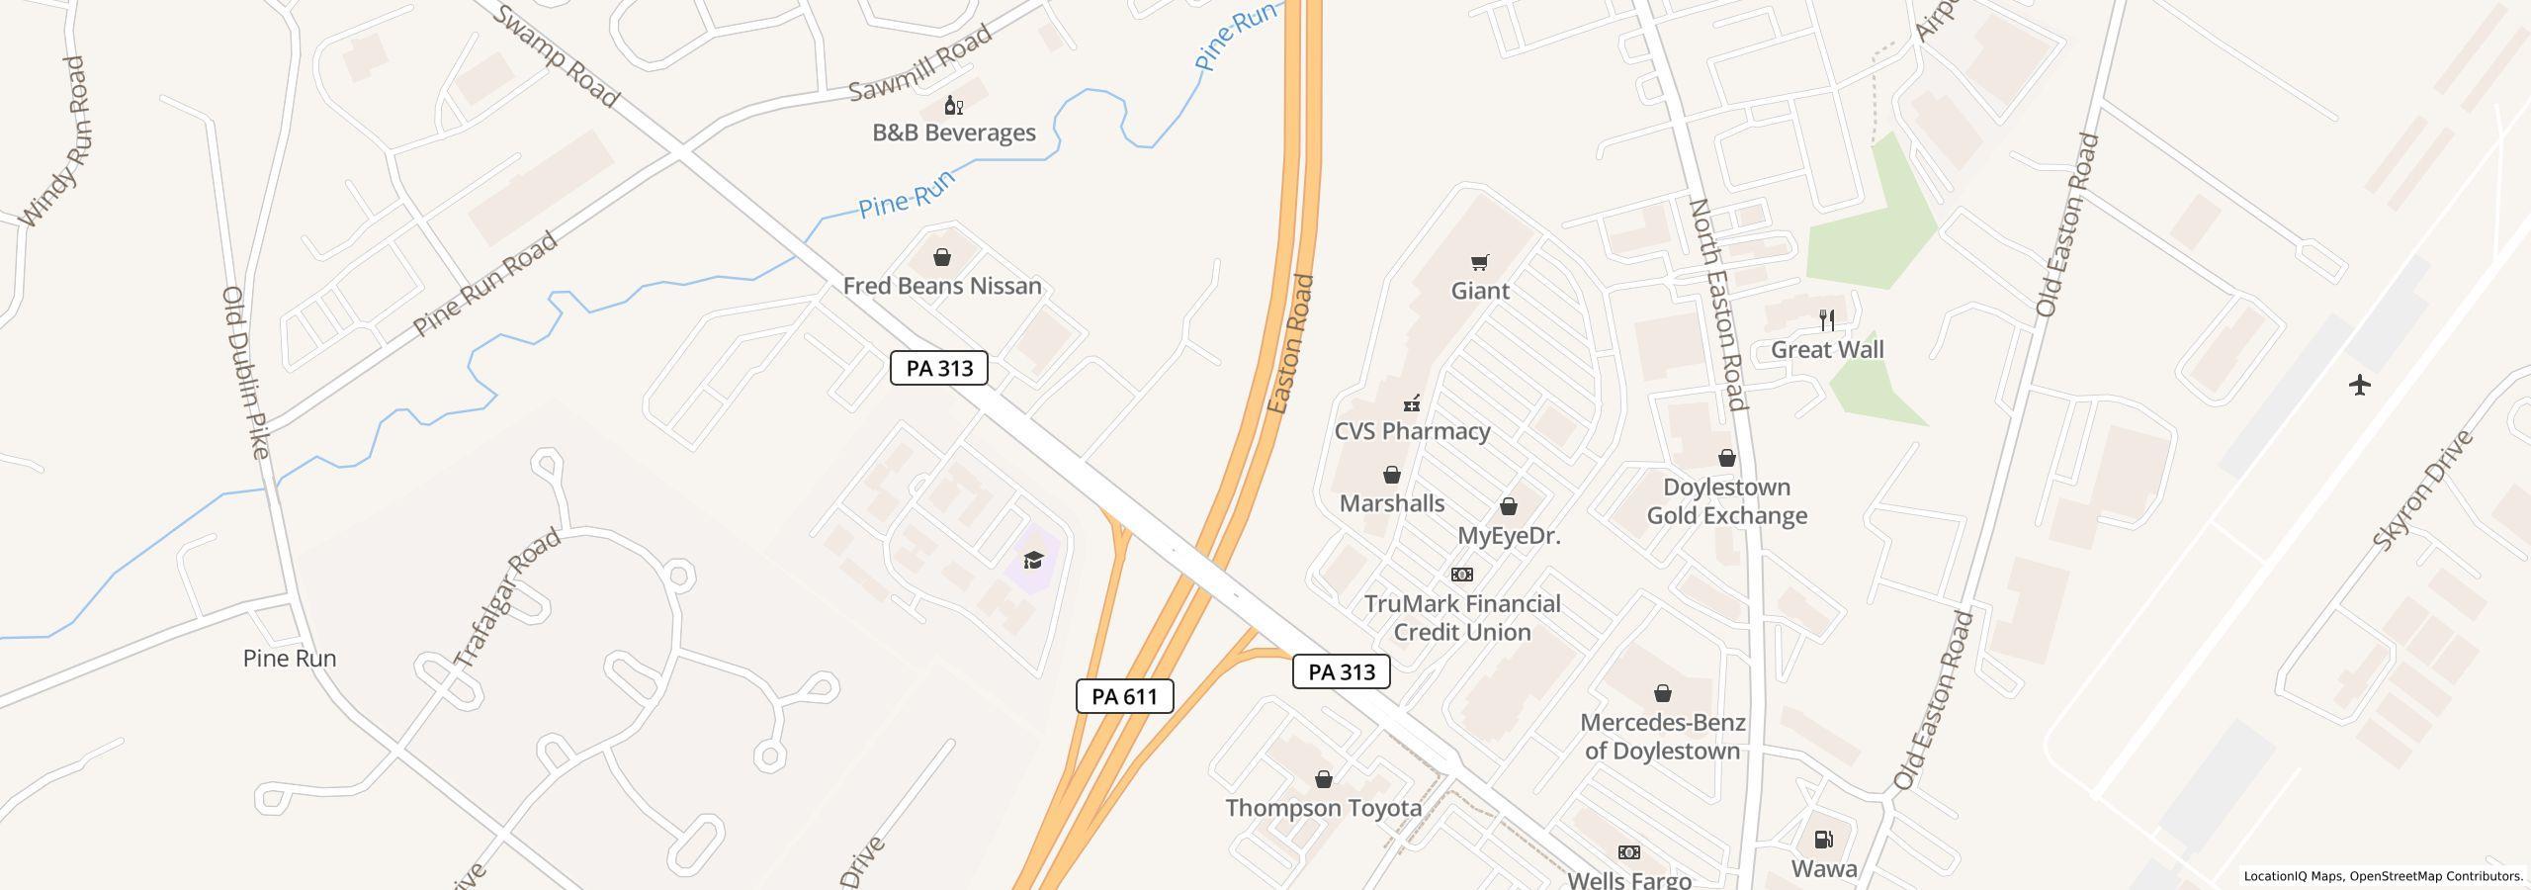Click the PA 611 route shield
[x=1124, y=696]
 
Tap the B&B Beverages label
[x=953, y=133]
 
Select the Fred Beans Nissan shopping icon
[x=942, y=258]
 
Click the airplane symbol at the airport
[x=2360, y=385]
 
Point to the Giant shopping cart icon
[x=1479, y=262]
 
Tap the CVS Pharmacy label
[x=1412, y=431]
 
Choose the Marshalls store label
[x=1391, y=503]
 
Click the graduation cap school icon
[x=1033, y=561]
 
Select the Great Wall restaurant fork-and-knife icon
[x=1827, y=320]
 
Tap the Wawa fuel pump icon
[x=1823, y=840]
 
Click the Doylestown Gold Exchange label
[x=1726, y=501]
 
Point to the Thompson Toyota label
[x=1323, y=808]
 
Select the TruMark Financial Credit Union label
[x=1461, y=618]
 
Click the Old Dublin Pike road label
[x=246, y=373]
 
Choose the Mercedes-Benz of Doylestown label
[x=1662, y=737]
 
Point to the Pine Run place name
[x=290, y=659]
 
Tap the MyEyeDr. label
[x=1509, y=536]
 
